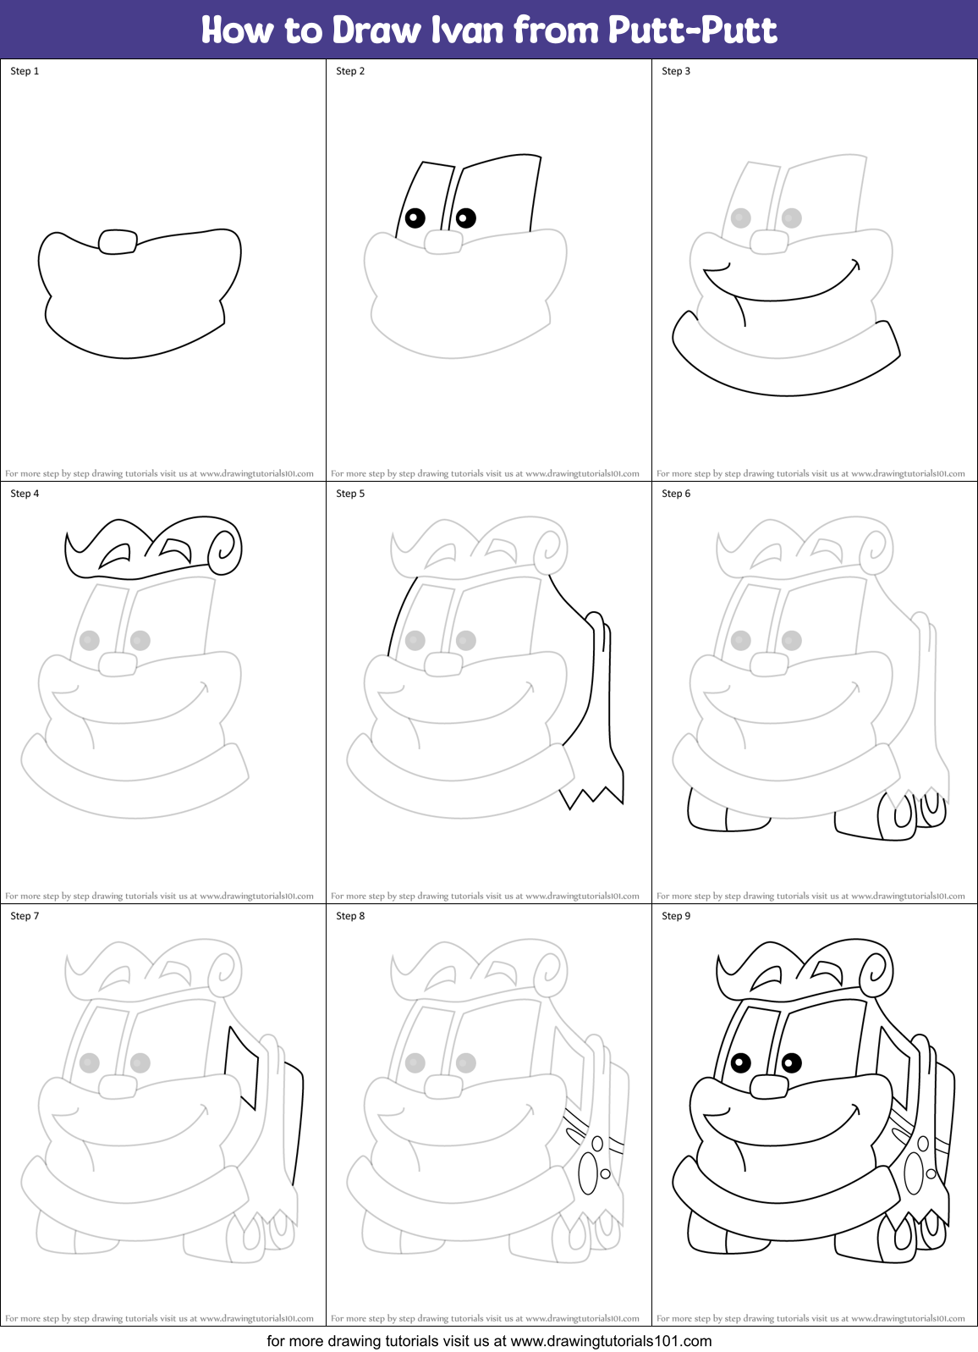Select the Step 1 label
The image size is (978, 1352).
25,71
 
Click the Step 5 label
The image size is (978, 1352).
350,494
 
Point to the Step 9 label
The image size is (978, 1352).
676,916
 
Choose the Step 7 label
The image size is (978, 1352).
25,916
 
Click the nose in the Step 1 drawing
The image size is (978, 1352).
118,242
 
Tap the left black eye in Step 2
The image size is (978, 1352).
415,218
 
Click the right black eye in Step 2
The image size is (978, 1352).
465,218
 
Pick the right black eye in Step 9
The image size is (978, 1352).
792,1062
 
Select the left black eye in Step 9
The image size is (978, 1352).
740,1062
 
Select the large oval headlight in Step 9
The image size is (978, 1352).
914,1174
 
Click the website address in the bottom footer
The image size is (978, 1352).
611,1341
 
